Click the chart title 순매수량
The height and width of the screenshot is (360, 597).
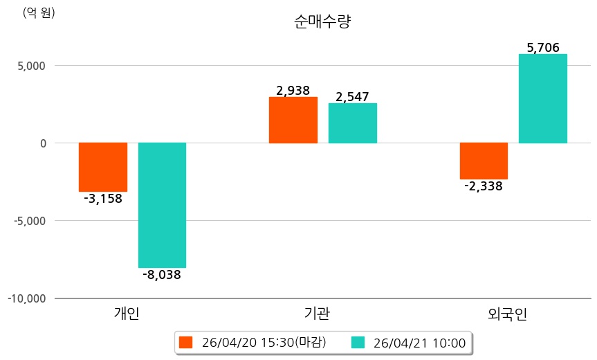323,22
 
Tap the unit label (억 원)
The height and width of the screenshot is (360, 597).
39,12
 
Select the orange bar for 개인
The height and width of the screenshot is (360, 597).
103,167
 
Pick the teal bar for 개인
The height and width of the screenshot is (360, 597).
162,205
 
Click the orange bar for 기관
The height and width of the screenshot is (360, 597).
293,120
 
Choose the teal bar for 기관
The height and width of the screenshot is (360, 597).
353,123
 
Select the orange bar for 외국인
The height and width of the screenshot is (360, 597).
484,161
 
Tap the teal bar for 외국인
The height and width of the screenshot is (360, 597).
543,98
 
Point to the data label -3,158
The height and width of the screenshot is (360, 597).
102,199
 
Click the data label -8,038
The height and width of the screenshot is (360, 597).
161,275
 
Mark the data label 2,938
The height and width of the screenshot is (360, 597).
293,90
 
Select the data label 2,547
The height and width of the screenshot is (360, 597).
353,97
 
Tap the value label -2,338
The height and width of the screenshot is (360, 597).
483,186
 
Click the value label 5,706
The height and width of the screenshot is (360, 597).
543,47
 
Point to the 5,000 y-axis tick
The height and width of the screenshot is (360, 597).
30,66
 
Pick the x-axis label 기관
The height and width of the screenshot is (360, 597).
317,314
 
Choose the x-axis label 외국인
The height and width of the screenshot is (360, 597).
508,314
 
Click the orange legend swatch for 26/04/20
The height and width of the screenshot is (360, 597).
185,342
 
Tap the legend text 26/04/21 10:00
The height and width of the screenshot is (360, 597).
419,342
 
